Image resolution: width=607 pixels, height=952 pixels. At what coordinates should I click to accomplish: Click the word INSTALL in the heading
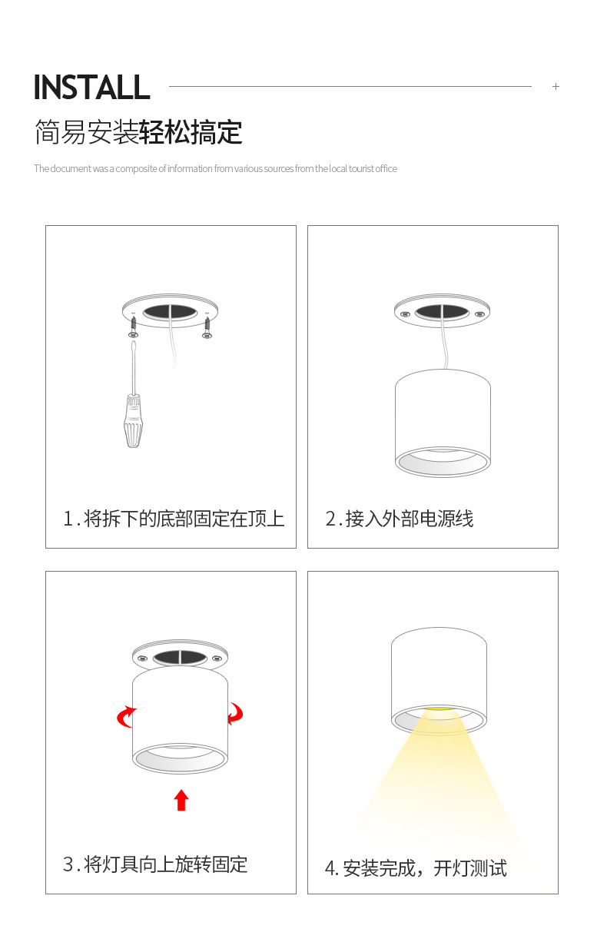point(91,87)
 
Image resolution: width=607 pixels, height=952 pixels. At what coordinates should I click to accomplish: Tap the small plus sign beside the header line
point(556,87)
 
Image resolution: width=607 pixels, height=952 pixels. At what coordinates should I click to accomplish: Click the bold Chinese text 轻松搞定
point(191,132)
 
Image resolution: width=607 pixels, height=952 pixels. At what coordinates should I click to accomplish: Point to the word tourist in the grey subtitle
point(361,169)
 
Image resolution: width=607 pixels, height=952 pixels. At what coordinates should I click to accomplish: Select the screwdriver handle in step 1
point(133,421)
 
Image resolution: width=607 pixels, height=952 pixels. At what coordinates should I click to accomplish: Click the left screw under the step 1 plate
point(133,327)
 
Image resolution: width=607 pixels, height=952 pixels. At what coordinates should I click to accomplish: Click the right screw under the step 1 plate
point(207,327)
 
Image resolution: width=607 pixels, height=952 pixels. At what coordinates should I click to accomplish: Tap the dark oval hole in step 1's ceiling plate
point(170,313)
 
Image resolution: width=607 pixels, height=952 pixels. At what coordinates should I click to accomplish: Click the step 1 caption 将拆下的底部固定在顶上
point(184,519)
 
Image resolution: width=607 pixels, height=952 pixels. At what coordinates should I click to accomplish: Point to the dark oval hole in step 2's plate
point(442,313)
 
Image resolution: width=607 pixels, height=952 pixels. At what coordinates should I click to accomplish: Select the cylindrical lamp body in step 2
point(443,423)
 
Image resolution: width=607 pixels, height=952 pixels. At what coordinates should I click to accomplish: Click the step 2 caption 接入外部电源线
point(410,519)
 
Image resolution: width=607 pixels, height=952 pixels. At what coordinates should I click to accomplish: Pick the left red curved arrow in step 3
point(126,717)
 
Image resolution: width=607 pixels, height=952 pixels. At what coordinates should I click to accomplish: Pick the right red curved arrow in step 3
point(235,713)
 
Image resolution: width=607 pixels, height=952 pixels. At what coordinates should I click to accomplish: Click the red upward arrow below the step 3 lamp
point(181,800)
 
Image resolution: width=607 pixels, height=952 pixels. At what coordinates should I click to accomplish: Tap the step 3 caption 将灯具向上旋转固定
point(165,864)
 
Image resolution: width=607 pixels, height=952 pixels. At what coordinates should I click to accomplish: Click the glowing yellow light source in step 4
point(439,709)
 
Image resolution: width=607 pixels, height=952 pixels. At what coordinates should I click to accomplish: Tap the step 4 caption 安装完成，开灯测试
point(425,867)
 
